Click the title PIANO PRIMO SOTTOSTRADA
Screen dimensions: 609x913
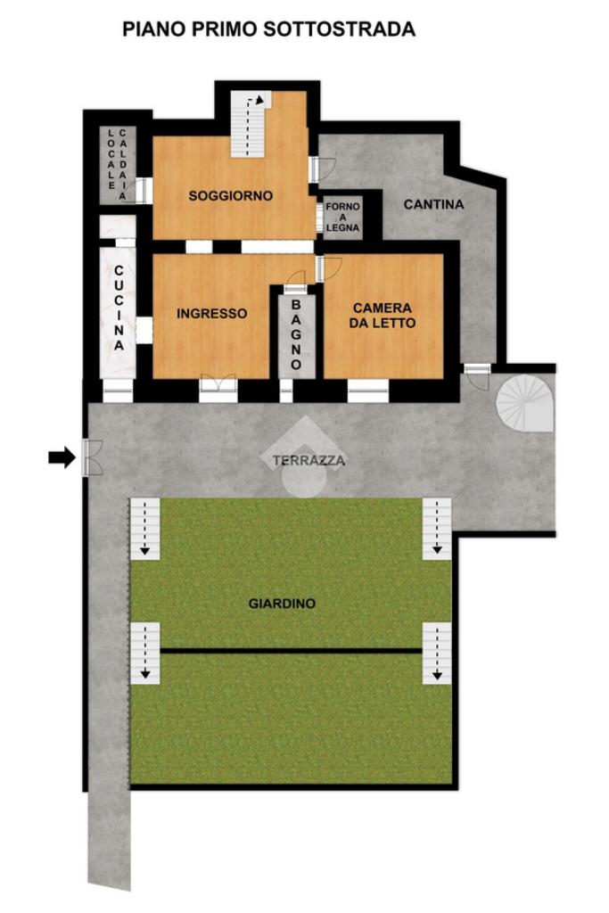point(268,29)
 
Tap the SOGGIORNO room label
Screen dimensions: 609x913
point(231,195)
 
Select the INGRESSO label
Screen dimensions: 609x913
point(212,313)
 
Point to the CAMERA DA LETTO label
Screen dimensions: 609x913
point(383,315)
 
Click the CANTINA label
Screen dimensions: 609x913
point(433,204)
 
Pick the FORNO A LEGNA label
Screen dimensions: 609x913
point(343,218)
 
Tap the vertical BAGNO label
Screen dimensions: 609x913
point(296,335)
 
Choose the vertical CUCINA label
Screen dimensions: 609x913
point(119,308)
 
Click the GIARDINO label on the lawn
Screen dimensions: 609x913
point(282,604)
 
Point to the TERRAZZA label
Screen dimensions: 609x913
point(309,461)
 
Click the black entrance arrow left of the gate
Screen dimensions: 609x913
point(62,457)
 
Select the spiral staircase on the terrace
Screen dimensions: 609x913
point(524,403)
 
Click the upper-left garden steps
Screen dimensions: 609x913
point(145,529)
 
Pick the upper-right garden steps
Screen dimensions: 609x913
point(437,529)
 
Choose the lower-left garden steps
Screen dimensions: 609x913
point(145,653)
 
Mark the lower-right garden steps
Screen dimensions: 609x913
point(437,653)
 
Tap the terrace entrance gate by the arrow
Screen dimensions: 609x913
point(92,457)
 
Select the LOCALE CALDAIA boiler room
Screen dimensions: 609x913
point(118,165)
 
